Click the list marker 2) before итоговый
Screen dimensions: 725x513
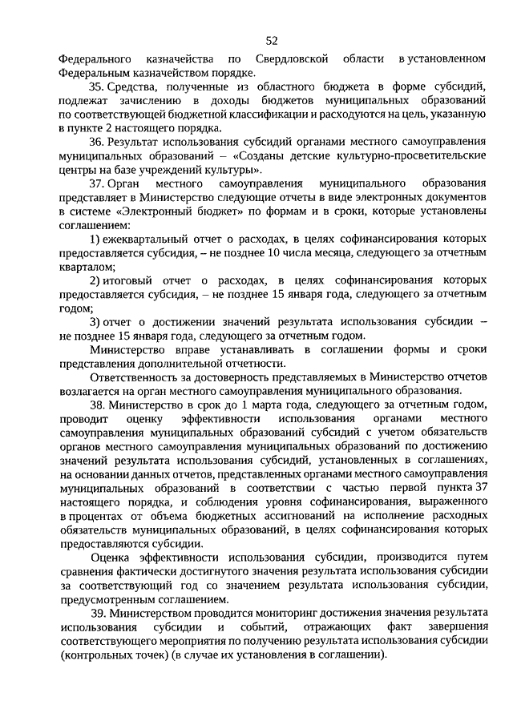tap(94, 282)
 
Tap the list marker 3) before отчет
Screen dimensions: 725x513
tap(94, 323)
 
